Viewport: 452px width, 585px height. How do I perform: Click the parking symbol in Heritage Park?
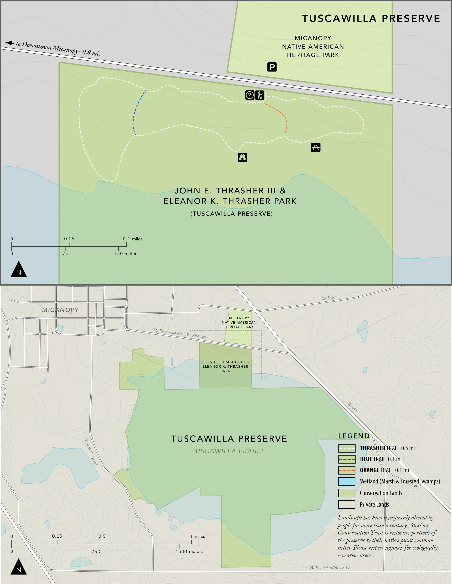(x=272, y=67)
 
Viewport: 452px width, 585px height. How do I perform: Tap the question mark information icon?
(x=250, y=95)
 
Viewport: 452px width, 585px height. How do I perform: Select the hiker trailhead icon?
(x=259, y=95)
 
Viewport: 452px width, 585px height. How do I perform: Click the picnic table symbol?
(x=316, y=147)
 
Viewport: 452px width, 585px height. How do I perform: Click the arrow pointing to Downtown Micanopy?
(x=10, y=43)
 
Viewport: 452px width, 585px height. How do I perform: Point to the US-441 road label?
(x=352, y=407)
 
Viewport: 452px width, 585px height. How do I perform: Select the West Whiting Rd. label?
(x=91, y=452)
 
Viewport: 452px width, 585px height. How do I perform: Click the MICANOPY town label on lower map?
(x=60, y=310)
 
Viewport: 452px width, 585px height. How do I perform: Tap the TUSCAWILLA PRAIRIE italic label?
(x=228, y=451)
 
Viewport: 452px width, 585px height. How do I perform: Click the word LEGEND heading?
(x=354, y=436)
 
